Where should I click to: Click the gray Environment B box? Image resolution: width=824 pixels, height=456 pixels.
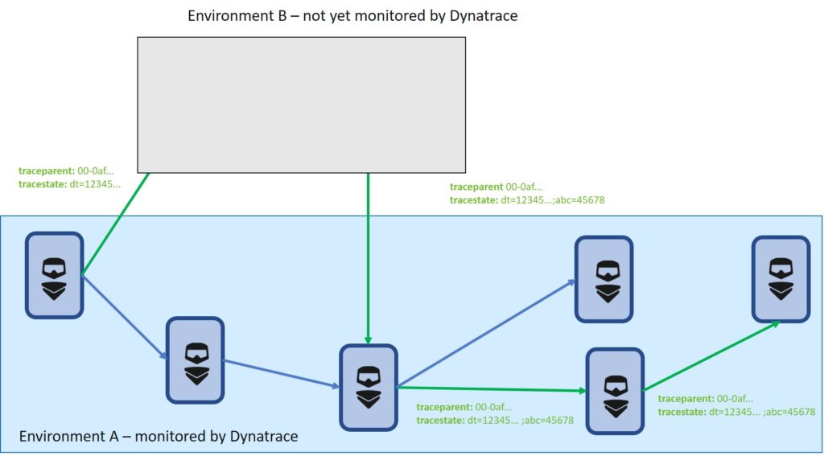click(x=301, y=105)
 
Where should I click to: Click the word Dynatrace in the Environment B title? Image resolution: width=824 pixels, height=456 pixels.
click(x=484, y=16)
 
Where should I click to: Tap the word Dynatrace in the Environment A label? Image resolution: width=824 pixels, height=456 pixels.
click(x=264, y=436)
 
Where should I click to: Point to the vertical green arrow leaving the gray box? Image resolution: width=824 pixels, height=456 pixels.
click(x=368, y=258)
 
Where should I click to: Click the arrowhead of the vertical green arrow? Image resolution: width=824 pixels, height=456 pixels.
click(x=368, y=340)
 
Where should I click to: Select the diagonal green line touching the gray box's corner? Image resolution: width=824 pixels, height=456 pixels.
click(x=115, y=224)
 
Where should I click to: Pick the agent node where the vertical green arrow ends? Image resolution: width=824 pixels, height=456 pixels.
click(x=368, y=387)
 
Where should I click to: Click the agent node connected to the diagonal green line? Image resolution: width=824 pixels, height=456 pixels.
click(x=54, y=275)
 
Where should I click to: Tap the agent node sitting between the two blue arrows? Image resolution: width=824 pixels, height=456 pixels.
click(x=195, y=360)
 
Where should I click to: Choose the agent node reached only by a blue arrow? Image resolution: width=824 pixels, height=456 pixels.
click(x=604, y=279)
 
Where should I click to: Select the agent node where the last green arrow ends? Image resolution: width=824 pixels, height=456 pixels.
click(x=781, y=279)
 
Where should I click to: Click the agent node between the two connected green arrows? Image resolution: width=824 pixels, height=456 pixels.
click(x=615, y=392)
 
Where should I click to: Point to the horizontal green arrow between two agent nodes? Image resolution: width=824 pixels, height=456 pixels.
click(x=492, y=389)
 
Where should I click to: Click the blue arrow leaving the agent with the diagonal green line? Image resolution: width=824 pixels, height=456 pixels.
click(x=125, y=317)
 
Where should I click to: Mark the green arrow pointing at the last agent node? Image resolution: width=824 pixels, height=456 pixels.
click(x=711, y=356)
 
